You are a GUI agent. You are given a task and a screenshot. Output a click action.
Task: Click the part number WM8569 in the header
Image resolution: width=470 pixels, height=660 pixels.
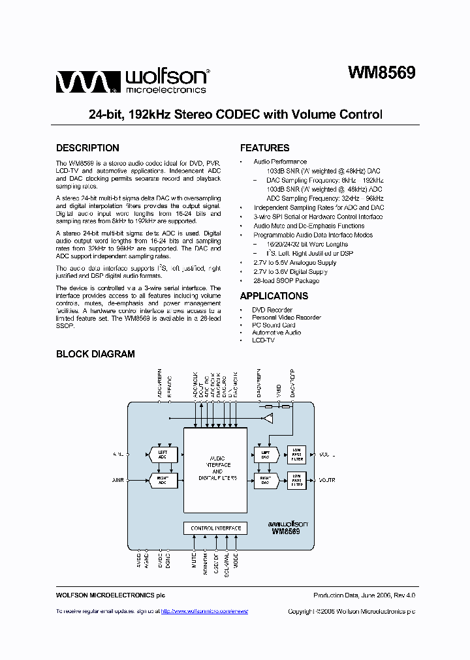[x=381, y=73]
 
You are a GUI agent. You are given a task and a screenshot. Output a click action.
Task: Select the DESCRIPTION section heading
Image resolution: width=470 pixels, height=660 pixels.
[x=87, y=148]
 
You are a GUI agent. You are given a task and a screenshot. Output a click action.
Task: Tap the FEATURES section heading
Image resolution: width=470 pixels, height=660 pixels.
[x=264, y=148]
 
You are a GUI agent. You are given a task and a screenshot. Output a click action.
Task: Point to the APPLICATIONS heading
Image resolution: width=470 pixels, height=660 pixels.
[x=274, y=296]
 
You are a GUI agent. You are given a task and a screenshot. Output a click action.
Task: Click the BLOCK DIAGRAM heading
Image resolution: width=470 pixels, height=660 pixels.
[x=95, y=354]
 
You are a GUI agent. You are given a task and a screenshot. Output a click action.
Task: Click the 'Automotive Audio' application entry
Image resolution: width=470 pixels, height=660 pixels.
[x=277, y=333]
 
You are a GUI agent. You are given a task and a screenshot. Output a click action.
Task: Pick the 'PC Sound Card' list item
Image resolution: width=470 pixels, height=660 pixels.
[x=274, y=325]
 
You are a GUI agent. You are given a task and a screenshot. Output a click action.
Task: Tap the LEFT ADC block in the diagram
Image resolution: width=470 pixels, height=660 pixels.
[x=163, y=454]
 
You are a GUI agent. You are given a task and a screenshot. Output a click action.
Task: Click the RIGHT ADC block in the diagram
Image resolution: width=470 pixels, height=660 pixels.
[x=163, y=481]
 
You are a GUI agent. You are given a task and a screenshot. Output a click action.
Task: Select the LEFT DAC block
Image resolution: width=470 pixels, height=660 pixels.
[x=266, y=454]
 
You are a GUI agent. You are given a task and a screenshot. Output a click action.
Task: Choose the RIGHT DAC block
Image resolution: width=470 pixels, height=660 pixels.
[x=266, y=481]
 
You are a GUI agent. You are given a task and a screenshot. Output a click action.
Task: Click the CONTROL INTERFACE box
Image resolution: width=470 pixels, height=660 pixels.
[x=215, y=528]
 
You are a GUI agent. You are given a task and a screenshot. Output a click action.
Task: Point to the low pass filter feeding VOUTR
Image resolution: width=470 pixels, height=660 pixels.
[x=297, y=481]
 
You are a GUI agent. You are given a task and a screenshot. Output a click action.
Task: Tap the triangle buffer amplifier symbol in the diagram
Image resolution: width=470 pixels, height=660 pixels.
[x=268, y=417]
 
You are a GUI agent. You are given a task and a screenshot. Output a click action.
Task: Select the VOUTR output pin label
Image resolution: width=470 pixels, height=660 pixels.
[x=327, y=481]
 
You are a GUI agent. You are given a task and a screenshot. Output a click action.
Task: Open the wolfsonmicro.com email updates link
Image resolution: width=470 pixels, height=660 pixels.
[x=204, y=612]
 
